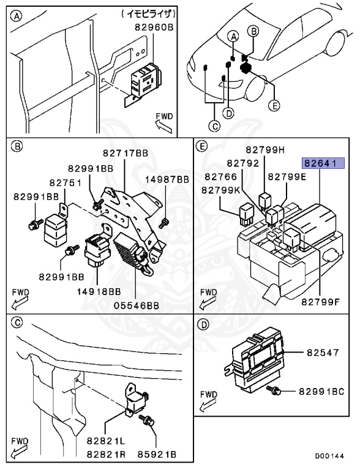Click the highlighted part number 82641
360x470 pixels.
coord(323,163)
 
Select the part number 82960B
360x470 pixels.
coord(154,28)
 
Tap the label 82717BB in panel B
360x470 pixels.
coord(126,153)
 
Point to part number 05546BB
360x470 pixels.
coord(137,305)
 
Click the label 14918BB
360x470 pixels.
coord(99,291)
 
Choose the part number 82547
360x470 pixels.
coord(323,352)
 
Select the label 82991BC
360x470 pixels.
coord(321,392)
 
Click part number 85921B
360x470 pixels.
coord(157,455)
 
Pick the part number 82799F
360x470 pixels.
coord(320,302)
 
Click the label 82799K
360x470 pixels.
coord(221,190)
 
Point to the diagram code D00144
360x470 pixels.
coord(329,456)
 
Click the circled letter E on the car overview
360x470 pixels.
coord(274,105)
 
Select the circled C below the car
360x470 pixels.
coord(214,126)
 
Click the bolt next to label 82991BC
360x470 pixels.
coord(273,390)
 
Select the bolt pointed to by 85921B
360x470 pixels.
coord(147,420)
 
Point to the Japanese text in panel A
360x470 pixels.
coord(149,14)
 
